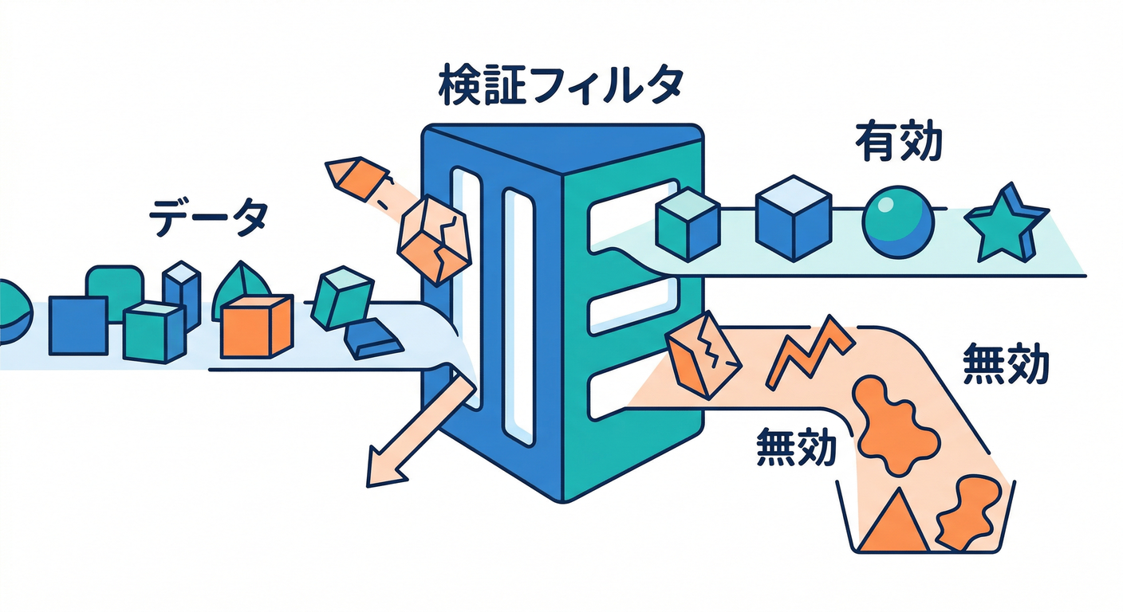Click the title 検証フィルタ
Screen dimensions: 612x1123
coord(561,87)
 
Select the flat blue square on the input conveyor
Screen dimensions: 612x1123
coord(77,324)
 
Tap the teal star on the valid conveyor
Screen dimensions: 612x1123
coord(1005,222)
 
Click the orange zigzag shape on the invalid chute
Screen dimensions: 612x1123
coord(809,351)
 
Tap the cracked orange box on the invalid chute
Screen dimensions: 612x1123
coord(703,356)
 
